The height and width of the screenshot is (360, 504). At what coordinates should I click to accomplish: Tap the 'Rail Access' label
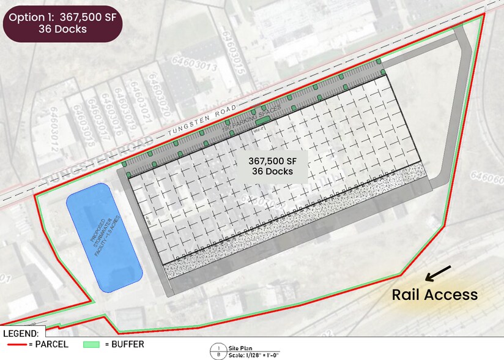tap(435, 294)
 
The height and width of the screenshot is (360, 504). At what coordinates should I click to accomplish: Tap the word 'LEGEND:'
tap(21, 334)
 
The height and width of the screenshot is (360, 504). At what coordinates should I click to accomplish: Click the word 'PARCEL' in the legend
tap(51, 345)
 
